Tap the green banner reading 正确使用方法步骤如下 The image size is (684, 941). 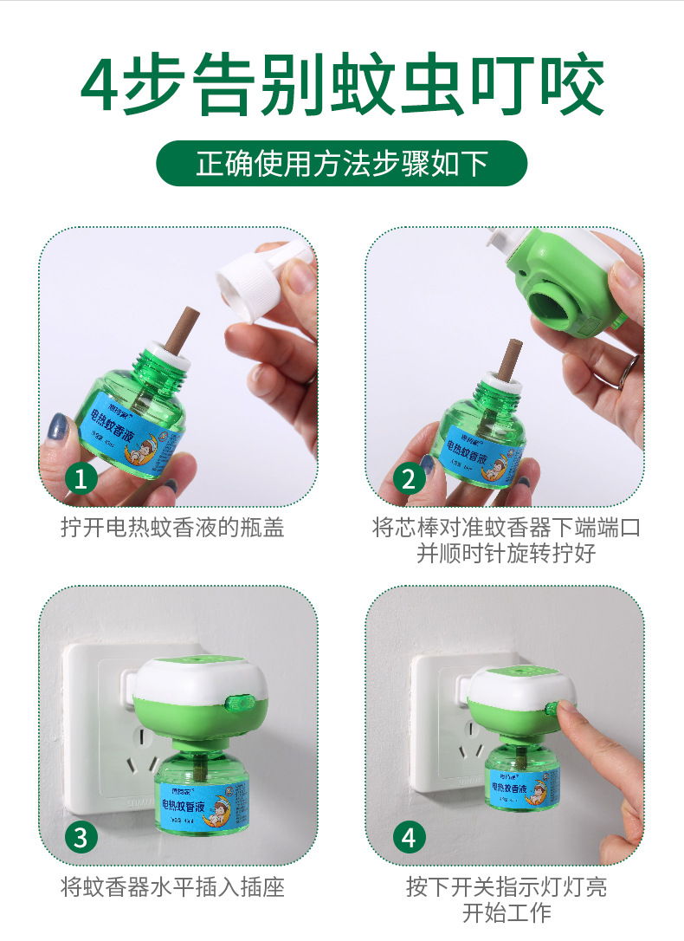341,163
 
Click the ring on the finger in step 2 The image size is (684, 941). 628,371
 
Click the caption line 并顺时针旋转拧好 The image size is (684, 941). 506,554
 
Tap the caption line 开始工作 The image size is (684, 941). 506,912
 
